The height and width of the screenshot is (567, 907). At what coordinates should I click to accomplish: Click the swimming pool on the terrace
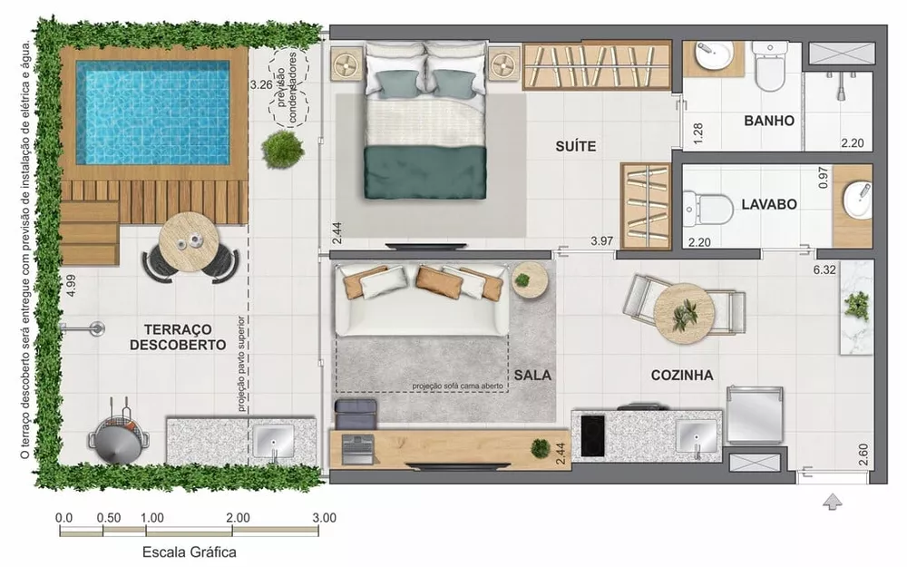coord(152,112)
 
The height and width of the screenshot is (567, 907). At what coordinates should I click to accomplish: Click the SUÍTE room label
coord(576,145)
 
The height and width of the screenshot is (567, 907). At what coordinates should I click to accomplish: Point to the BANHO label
coord(769,121)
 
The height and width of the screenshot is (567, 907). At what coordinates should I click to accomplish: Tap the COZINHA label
coord(681,375)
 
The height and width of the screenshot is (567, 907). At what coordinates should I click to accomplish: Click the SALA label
coord(532,375)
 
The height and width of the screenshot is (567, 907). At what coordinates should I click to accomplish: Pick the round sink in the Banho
coord(713,61)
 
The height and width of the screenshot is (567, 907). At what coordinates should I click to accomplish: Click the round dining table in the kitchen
coord(684,312)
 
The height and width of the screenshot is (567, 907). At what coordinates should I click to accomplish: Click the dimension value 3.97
coord(601,241)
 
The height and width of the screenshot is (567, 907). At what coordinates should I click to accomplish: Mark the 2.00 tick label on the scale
coord(238,518)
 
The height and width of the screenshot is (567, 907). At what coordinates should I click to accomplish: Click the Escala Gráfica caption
coord(190,551)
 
